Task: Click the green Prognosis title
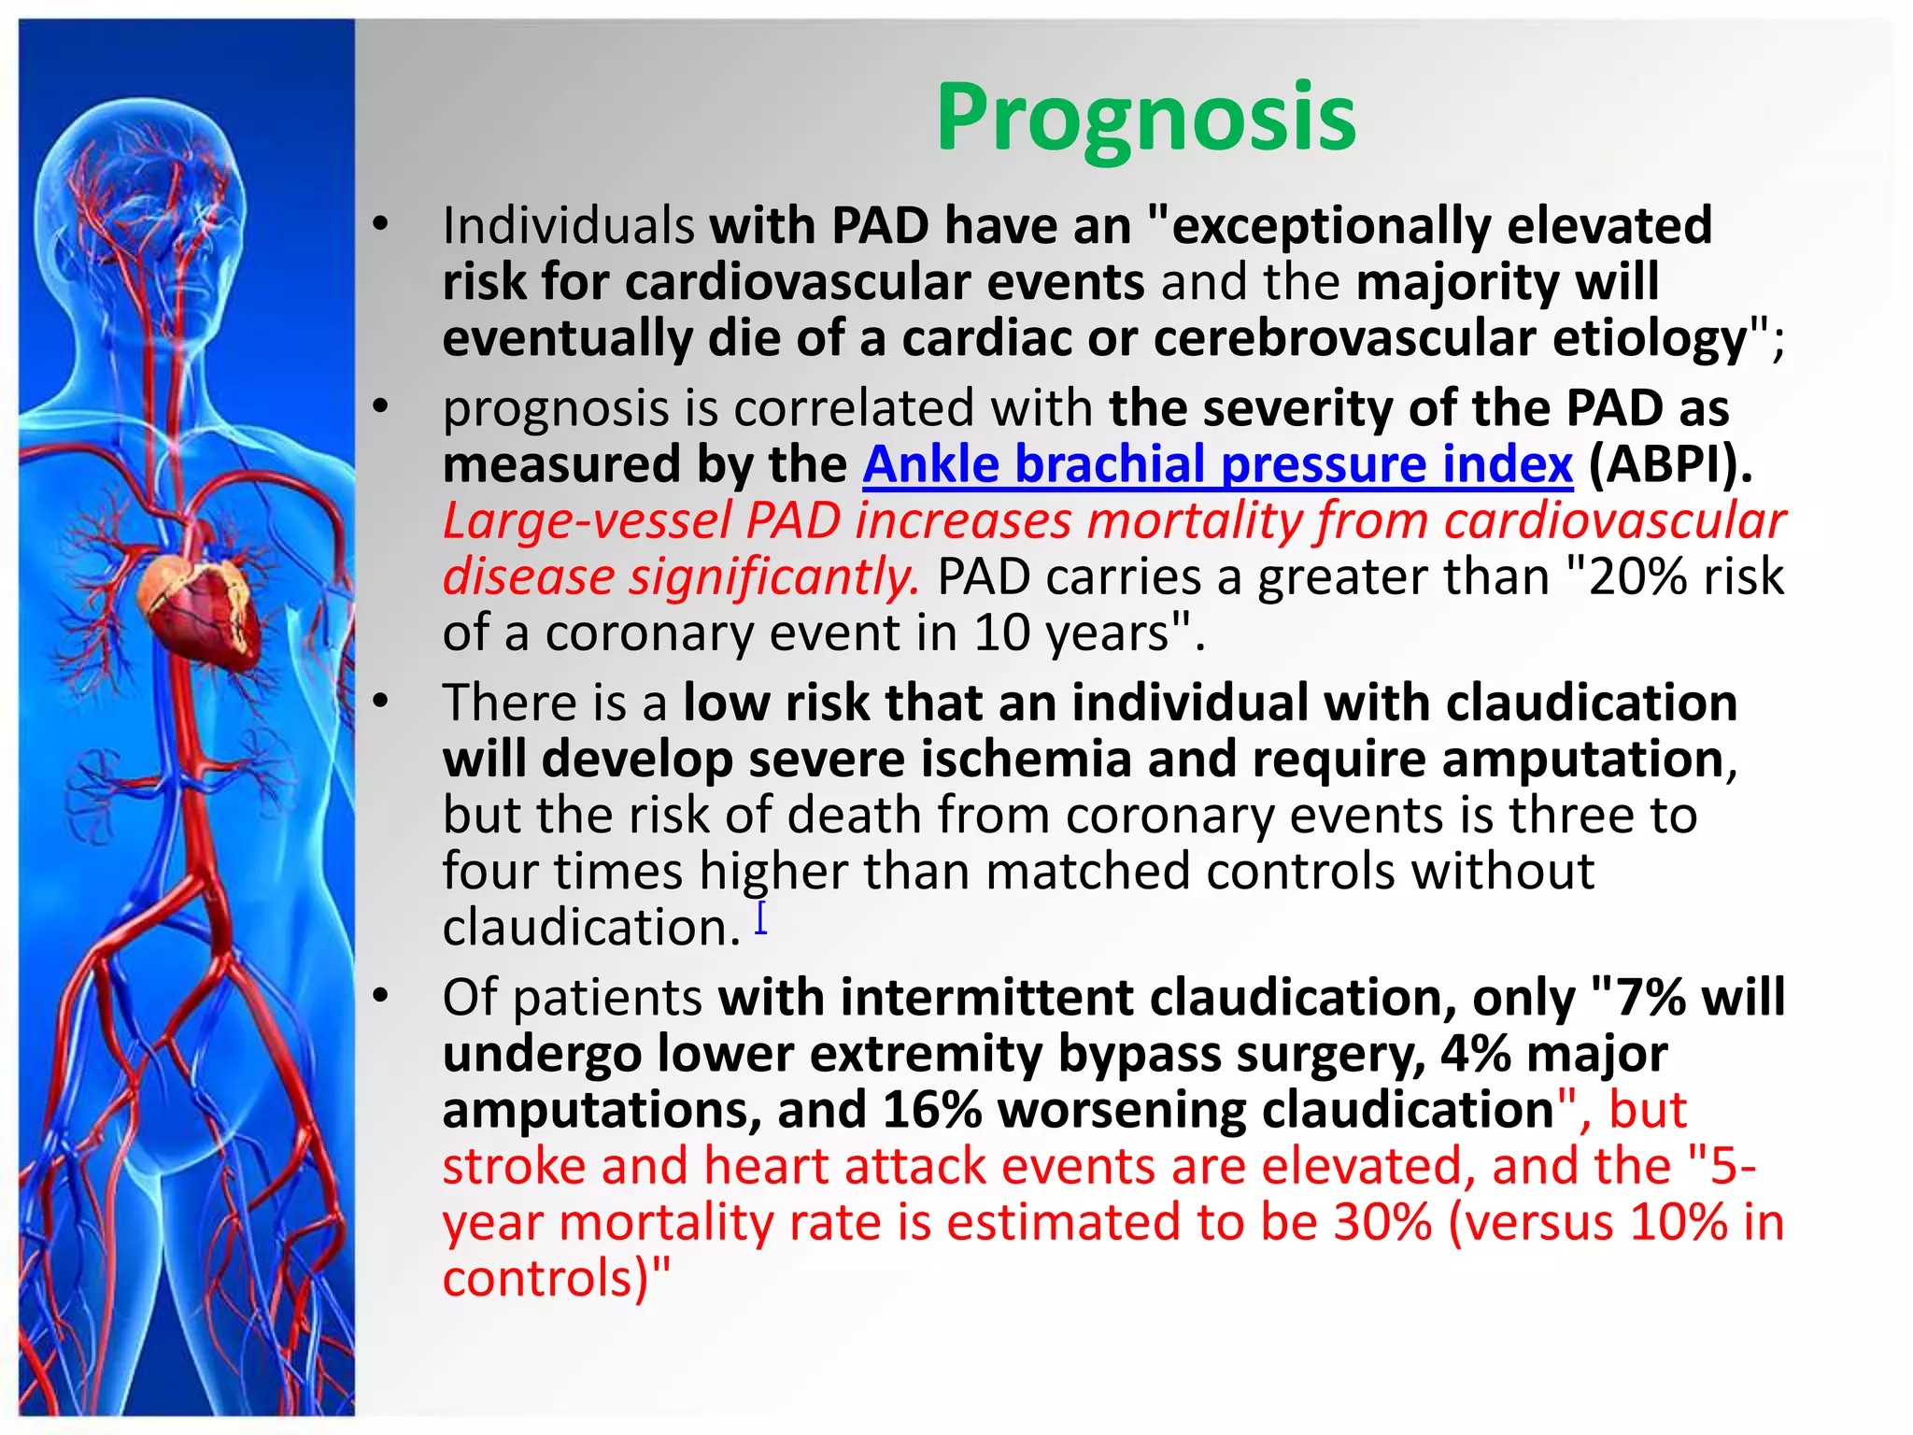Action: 1145,118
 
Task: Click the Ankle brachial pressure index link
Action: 1217,464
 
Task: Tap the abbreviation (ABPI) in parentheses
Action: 1669,464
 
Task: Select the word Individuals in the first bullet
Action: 568,226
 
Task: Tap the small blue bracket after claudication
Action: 761,918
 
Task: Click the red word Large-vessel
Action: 587,520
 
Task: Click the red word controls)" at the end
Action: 556,1279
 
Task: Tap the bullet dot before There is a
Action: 379,703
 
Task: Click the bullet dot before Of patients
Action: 379,997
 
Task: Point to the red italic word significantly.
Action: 773,576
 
